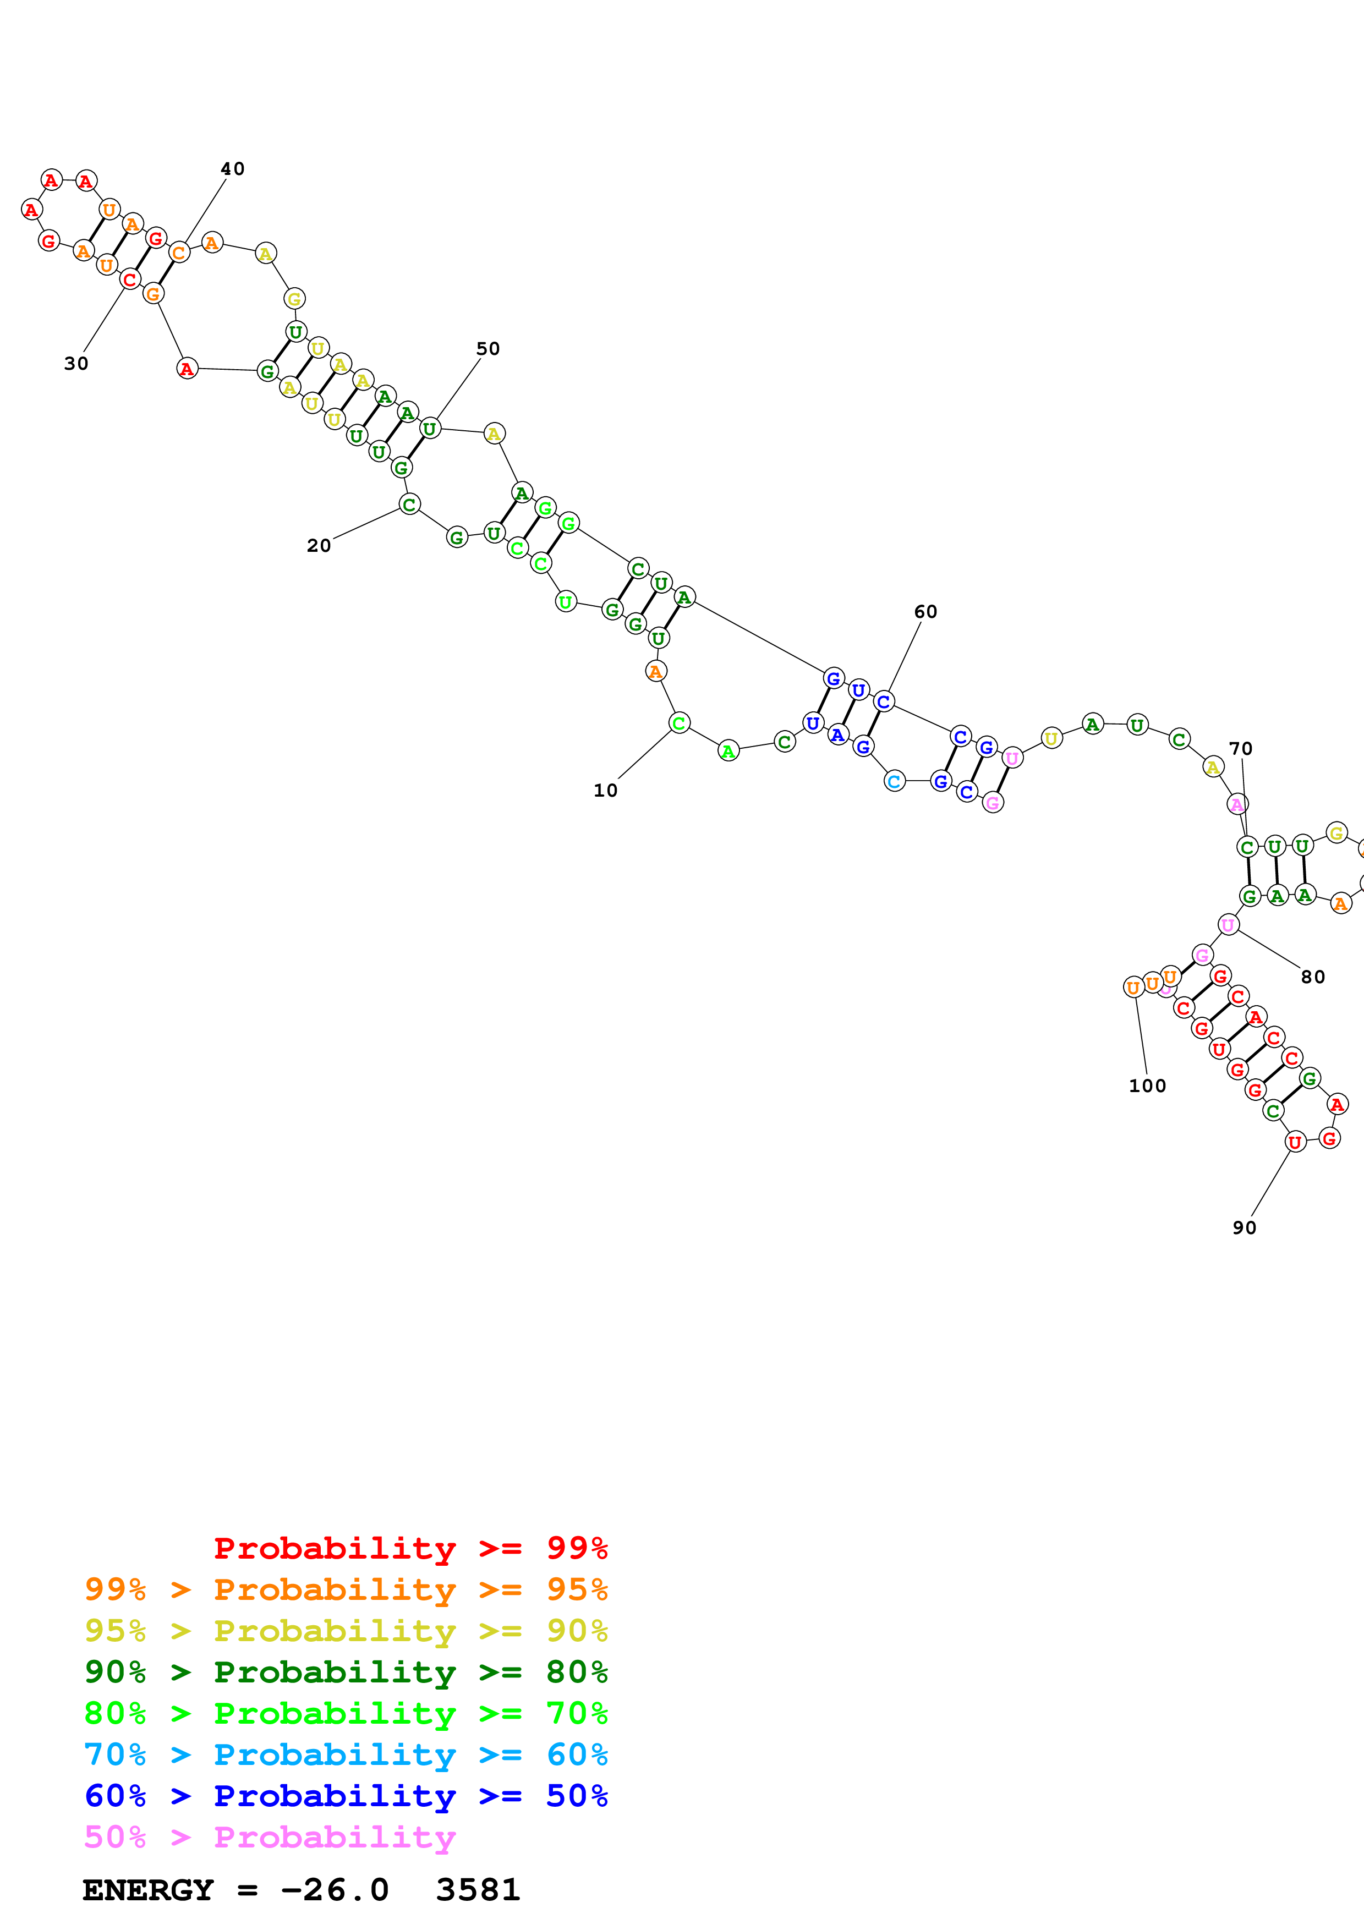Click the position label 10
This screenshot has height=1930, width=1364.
point(605,790)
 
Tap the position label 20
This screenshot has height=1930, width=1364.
point(319,546)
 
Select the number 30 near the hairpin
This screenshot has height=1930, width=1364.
point(75,363)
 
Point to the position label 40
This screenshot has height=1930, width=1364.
point(232,169)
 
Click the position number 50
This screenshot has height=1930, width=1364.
point(487,349)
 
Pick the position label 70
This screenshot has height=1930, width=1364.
point(1240,748)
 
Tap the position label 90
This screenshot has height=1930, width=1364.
point(1244,1227)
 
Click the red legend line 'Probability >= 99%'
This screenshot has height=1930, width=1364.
point(410,1548)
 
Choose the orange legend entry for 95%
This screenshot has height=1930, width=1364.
point(346,1589)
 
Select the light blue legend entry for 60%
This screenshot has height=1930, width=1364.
point(346,1754)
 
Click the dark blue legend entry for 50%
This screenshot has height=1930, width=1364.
point(346,1796)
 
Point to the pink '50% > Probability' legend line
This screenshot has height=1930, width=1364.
point(269,1836)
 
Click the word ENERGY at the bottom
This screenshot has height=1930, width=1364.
point(148,1890)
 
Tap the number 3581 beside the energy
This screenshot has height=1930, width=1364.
point(478,1890)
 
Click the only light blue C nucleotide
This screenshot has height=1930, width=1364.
point(894,781)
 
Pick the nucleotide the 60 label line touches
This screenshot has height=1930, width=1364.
point(883,701)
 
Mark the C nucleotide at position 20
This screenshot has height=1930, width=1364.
point(409,505)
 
